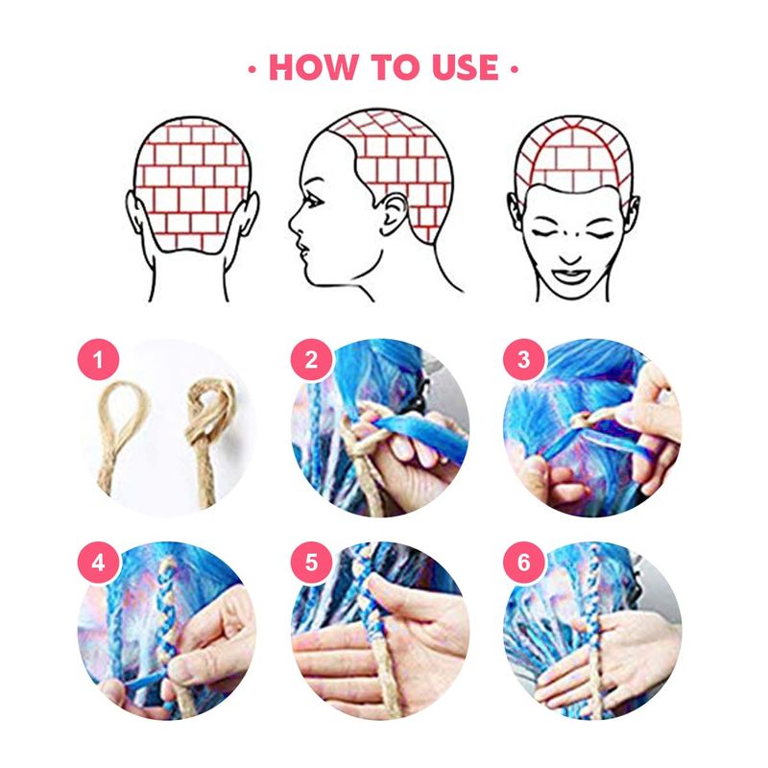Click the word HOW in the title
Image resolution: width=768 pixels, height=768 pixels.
point(313,66)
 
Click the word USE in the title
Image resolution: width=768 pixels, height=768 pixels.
point(466,66)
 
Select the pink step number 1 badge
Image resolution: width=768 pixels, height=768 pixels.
point(99,359)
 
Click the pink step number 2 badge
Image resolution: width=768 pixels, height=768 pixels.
point(311,359)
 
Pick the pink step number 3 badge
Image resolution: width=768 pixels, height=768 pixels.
point(524,359)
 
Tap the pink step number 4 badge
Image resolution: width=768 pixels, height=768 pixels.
point(99,563)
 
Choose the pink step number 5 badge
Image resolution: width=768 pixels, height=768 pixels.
point(311,563)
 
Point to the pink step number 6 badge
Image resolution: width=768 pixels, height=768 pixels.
point(524,563)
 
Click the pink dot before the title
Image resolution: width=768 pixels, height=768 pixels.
point(252,69)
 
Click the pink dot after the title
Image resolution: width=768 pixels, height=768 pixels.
point(515,69)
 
